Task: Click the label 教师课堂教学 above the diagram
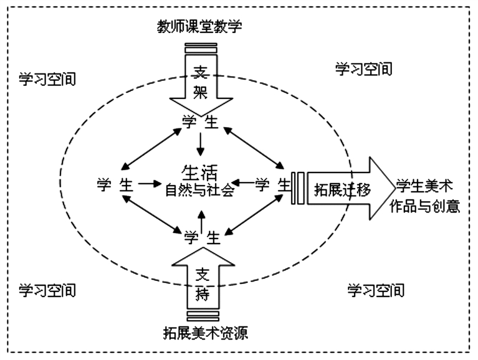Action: point(200,27)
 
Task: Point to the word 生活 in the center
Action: point(199,173)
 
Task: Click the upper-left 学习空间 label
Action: point(47,79)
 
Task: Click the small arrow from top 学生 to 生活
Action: point(200,144)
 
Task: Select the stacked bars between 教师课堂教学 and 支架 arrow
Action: point(201,46)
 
